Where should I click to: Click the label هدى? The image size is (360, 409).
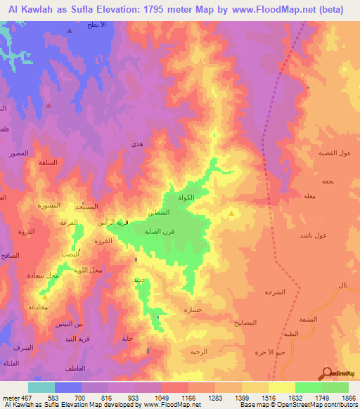coord(137,144)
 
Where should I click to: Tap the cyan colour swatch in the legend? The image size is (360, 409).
coord(41,387)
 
